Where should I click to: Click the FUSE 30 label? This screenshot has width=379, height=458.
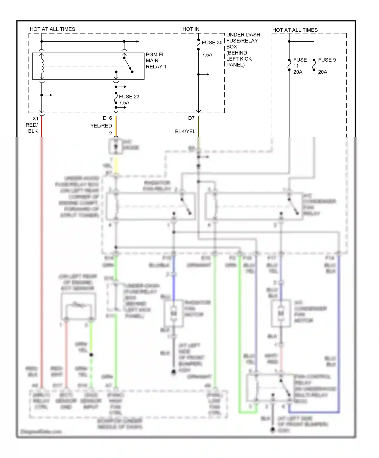(212, 43)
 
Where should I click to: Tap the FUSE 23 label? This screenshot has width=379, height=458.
(129, 97)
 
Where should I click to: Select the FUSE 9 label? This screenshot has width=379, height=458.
(327, 60)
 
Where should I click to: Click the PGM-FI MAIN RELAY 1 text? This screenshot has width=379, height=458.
(156, 61)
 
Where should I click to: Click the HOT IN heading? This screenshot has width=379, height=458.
(191, 29)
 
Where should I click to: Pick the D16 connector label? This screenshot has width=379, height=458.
(107, 118)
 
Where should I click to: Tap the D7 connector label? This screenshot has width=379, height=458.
(191, 118)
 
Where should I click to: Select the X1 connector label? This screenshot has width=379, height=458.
(35, 119)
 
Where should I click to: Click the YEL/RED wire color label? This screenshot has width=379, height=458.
(101, 126)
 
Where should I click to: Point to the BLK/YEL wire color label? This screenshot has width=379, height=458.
(185, 132)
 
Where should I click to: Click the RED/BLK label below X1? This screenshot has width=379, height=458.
(32, 128)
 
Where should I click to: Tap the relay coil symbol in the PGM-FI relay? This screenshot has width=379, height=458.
(42, 66)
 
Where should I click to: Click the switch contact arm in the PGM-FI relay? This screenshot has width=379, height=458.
(128, 65)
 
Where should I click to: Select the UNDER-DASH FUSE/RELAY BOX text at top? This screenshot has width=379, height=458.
(243, 50)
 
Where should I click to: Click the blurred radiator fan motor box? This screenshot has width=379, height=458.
(173, 313)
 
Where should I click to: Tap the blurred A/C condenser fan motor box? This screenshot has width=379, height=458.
(281, 313)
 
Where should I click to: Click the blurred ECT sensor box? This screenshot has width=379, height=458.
(78, 306)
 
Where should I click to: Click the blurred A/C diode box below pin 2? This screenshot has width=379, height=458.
(116, 146)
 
